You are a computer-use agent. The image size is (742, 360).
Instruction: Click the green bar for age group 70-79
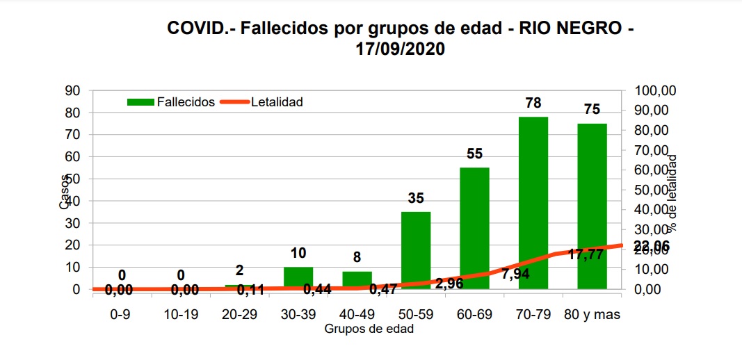pyautogui.click(x=533, y=202)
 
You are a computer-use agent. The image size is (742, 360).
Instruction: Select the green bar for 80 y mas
pyautogui.click(x=592, y=205)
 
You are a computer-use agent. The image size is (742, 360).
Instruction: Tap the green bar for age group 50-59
pyautogui.click(x=416, y=250)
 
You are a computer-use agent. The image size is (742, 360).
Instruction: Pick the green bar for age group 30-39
pyautogui.click(x=298, y=277)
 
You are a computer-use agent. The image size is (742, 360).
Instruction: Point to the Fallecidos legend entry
pyautogui.click(x=171, y=101)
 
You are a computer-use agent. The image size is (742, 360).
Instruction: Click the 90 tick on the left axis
pyautogui.click(x=72, y=90)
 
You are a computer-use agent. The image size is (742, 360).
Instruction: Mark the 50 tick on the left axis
pyautogui.click(x=72, y=179)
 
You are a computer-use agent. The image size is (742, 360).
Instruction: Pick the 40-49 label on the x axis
pyautogui.click(x=357, y=314)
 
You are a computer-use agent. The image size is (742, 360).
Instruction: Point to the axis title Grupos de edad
pyautogui.click(x=369, y=329)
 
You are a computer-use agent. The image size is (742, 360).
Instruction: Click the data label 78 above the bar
pyautogui.click(x=533, y=103)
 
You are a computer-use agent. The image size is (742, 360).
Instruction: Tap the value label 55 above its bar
pyautogui.click(x=474, y=154)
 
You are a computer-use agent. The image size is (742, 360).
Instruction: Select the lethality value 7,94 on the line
pyautogui.click(x=515, y=275)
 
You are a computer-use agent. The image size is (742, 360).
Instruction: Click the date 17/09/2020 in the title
pyautogui.click(x=400, y=49)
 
